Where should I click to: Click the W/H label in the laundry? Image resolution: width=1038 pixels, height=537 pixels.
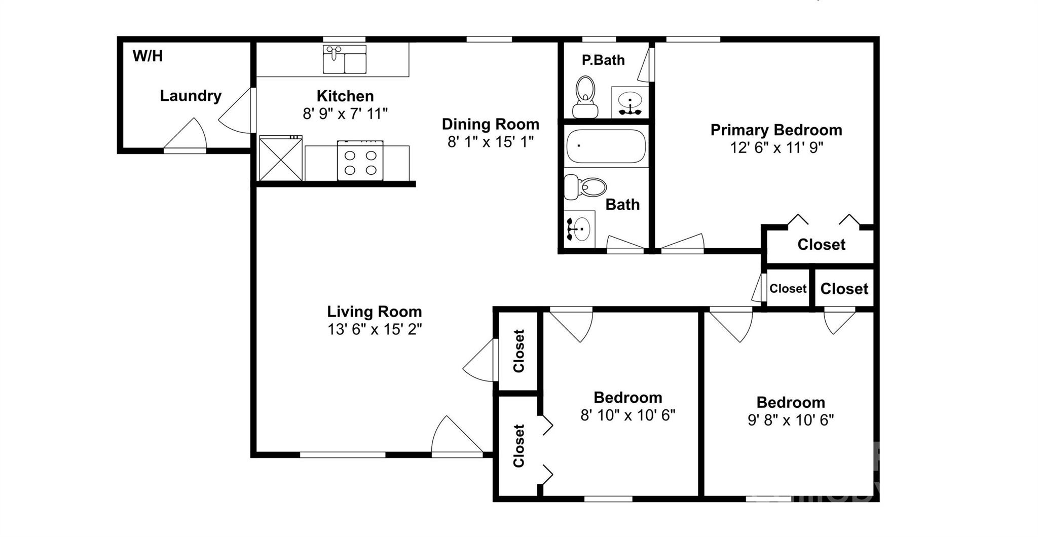pos(147,56)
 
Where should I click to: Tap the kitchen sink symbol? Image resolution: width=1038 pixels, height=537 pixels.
pos(345,59)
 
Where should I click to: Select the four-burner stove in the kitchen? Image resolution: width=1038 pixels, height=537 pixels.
pos(360,161)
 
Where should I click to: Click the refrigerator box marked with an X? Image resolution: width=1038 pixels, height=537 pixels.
pos(280,158)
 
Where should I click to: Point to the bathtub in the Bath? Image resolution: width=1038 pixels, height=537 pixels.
pos(606,145)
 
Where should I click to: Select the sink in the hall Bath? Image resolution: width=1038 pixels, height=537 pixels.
pos(579,229)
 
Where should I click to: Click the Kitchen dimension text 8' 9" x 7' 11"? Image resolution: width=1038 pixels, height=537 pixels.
pos(345,113)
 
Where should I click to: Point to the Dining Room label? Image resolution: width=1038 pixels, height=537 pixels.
pos(490,124)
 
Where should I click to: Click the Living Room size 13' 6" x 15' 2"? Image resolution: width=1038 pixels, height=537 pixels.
pos(374,329)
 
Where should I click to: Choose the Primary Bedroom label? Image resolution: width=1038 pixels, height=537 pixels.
pos(776,130)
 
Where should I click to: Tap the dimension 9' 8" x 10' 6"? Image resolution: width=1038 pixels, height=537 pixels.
pos(790,420)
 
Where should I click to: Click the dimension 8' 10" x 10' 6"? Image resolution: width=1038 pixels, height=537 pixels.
pos(627,415)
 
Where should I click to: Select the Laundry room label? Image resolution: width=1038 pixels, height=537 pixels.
pos(191,96)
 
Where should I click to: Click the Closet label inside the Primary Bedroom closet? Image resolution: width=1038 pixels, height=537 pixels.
pos(821,245)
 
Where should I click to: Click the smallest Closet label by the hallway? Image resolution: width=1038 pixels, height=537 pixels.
pos(788,289)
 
